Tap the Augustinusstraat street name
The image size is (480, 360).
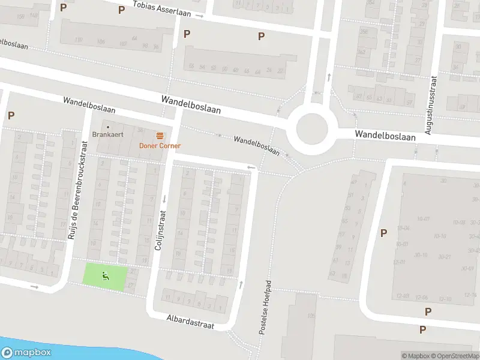click(429, 104)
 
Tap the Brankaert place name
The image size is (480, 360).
click(108, 134)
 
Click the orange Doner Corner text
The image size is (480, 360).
click(160, 146)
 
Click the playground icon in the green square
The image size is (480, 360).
click(106, 276)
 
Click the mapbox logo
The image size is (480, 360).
click(26, 353)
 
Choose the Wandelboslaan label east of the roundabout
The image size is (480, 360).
click(385, 136)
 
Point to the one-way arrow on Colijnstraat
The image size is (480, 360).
click(163, 199)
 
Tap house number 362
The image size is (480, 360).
click(362, 52)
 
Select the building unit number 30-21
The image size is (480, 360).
click(444, 257)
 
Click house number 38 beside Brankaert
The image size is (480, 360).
click(141, 130)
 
